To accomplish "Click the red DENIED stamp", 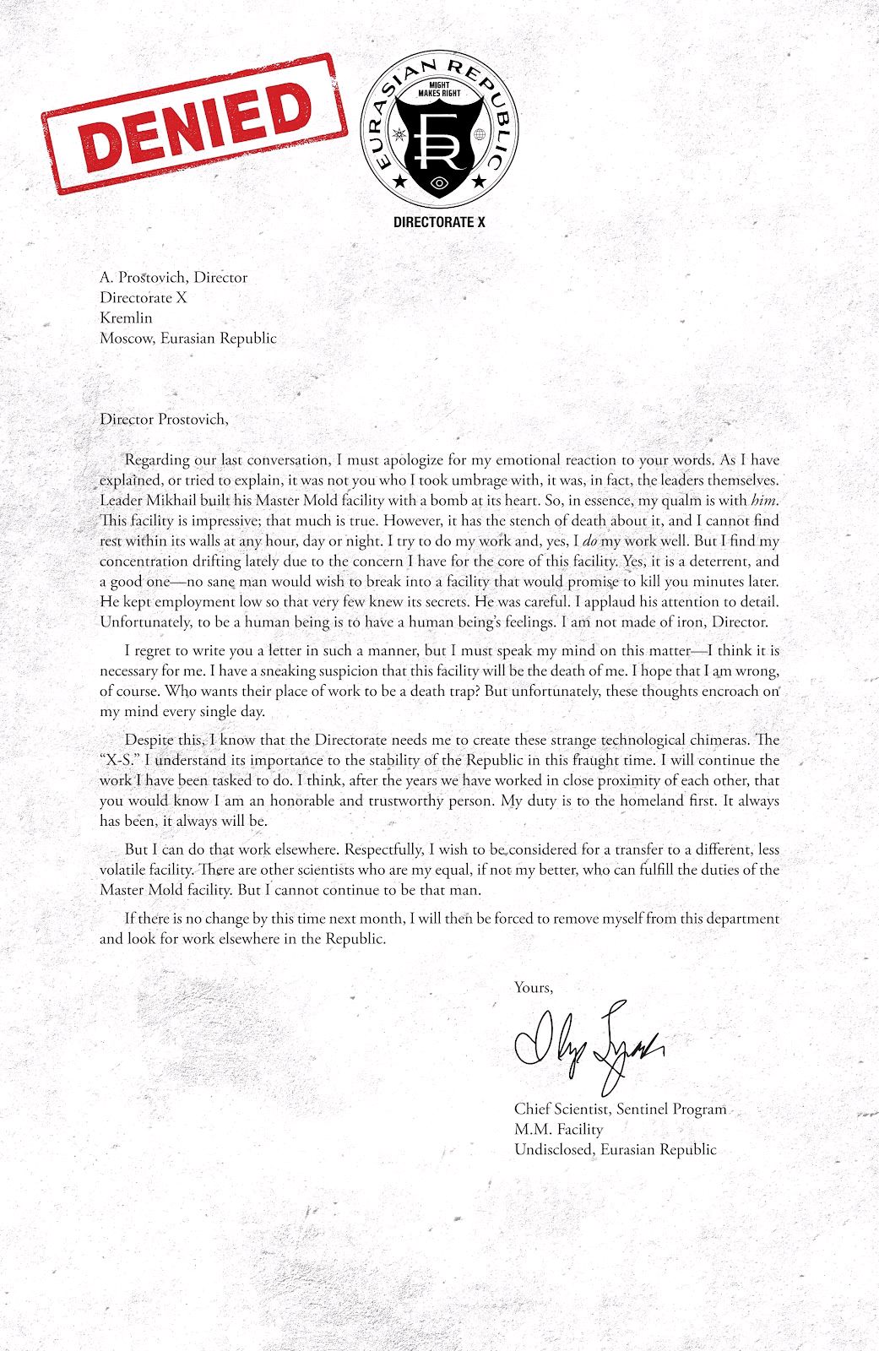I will [x=194, y=123].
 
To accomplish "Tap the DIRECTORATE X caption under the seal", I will [x=439, y=222].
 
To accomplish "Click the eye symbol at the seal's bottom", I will [x=438, y=182].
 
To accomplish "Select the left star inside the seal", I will [x=399, y=181].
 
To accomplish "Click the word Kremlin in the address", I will [x=126, y=317].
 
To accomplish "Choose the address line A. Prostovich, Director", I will [x=173, y=277].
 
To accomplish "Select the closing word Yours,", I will [x=534, y=987].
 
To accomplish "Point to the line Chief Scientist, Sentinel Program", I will [x=620, y=1109].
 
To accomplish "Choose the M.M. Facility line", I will [x=558, y=1129].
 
